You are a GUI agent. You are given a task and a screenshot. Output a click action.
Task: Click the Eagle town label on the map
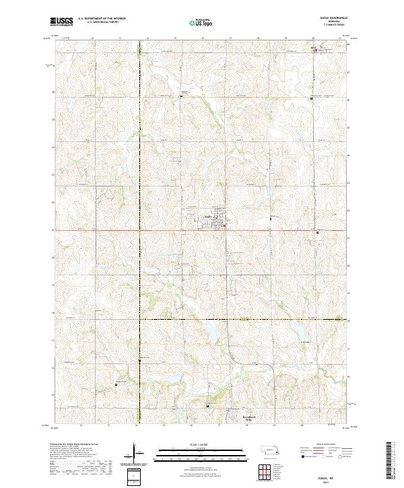[209, 217]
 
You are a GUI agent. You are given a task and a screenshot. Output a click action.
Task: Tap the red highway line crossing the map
[135, 230]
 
